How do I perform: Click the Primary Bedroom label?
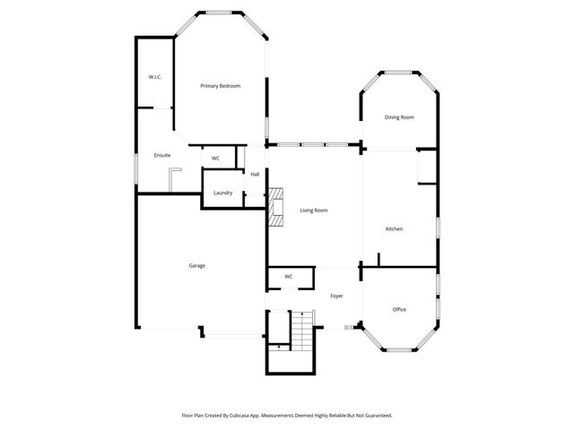[220, 86]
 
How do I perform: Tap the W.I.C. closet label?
[154, 77]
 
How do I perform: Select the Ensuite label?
[162, 155]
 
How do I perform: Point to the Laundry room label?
[223, 193]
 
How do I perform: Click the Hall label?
[255, 174]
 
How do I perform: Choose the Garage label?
[196, 265]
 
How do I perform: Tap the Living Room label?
[313, 211]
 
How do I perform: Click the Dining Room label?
[399, 117]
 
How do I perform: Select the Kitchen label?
[394, 229]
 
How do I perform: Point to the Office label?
[399, 309]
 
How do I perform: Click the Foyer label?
[336, 296]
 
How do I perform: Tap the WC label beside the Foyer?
[288, 277]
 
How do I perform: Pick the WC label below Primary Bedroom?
[215, 159]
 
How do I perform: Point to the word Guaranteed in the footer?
[373, 416]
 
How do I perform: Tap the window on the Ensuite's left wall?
[136, 169]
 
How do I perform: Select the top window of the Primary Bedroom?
[220, 12]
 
